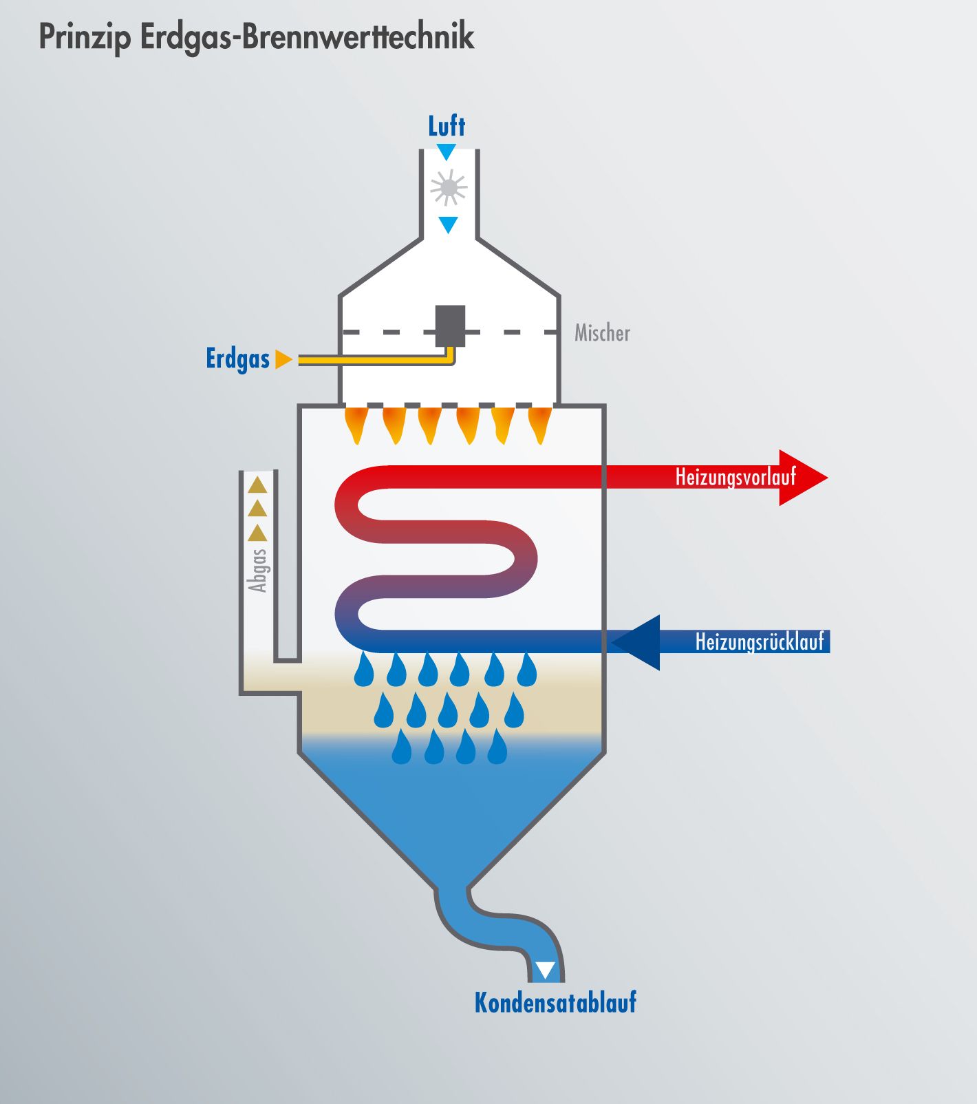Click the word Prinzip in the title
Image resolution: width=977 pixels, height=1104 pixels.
[x=84, y=37]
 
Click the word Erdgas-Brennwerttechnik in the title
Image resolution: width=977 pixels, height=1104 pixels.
[x=307, y=37]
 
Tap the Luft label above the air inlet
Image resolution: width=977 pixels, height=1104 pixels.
[x=447, y=127]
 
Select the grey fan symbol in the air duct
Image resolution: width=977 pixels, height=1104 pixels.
[x=449, y=187]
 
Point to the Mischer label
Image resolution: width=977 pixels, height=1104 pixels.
[x=602, y=333]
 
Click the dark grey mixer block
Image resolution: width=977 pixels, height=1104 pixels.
[x=450, y=326]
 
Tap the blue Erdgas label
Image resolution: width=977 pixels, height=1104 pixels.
[x=238, y=359]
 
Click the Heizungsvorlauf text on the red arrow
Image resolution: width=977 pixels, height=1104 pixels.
[x=736, y=477]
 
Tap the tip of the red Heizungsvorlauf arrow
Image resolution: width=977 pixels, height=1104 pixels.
[x=827, y=478]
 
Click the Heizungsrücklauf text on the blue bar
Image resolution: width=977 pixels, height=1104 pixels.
[x=760, y=641]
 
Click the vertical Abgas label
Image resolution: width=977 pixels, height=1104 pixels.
[x=257, y=571]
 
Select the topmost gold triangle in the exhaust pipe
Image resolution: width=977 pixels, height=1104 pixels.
[x=257, y=485]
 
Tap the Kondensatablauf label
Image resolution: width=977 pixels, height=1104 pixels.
[x=555, y=1002]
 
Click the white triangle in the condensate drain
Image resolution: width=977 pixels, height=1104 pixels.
[x=546, y=970]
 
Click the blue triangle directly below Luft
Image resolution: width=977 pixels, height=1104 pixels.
[x=447, y=152]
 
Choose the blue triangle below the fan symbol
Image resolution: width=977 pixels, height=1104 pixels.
[x=449, y=224]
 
